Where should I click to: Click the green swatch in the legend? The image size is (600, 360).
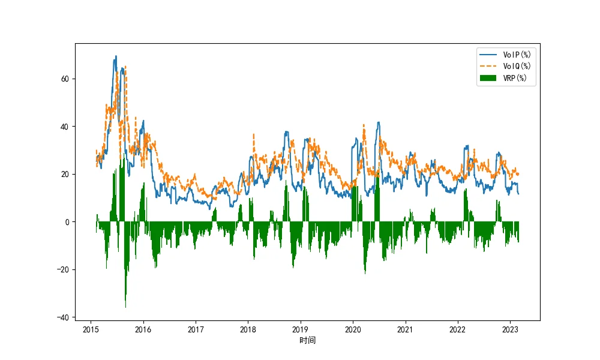coord(489,77)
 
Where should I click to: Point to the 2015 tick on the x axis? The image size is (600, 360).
coord(91,329)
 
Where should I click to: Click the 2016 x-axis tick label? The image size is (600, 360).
coord(143,329)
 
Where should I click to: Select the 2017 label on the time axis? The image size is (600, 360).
coord(196,329)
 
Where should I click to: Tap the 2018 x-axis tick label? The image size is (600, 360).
coord(248,329)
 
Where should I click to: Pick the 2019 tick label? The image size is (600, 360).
coord(300,329)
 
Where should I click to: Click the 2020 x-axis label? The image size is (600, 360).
coord(352,329)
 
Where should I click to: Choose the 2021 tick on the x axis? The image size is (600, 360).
coord(405,329)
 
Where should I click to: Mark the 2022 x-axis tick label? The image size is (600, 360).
coord(457,329)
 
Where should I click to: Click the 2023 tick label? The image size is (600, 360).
coord(509,329)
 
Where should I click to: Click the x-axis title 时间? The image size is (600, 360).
coord(307,341)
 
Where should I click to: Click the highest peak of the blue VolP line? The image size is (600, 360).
coord(116,56)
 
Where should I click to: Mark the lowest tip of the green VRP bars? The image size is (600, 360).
coord(125,308)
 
